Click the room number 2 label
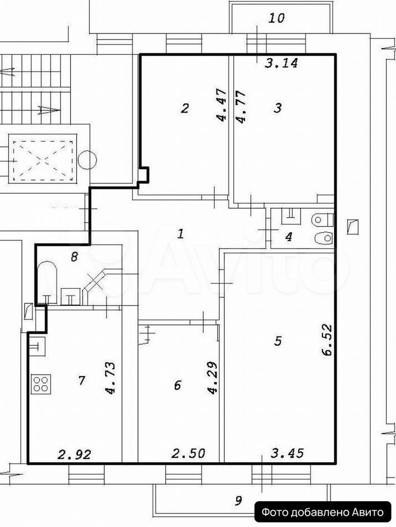pos(185,108)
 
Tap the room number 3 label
pos(278,108)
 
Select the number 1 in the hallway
pos(181,233)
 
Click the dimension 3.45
pos(287,453)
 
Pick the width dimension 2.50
pos(188,453)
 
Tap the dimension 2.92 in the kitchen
pos(74,455)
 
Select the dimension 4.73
pos(110,378)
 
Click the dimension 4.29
pos(213,378)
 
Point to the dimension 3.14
pos(281,63)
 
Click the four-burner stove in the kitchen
pos(42,384)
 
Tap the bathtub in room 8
pos(46,282)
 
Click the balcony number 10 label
pos(276,18)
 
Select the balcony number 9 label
pos(238,501)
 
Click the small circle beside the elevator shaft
pos(87,159)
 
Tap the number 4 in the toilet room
pos(288,237)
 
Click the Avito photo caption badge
pos(323,512)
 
